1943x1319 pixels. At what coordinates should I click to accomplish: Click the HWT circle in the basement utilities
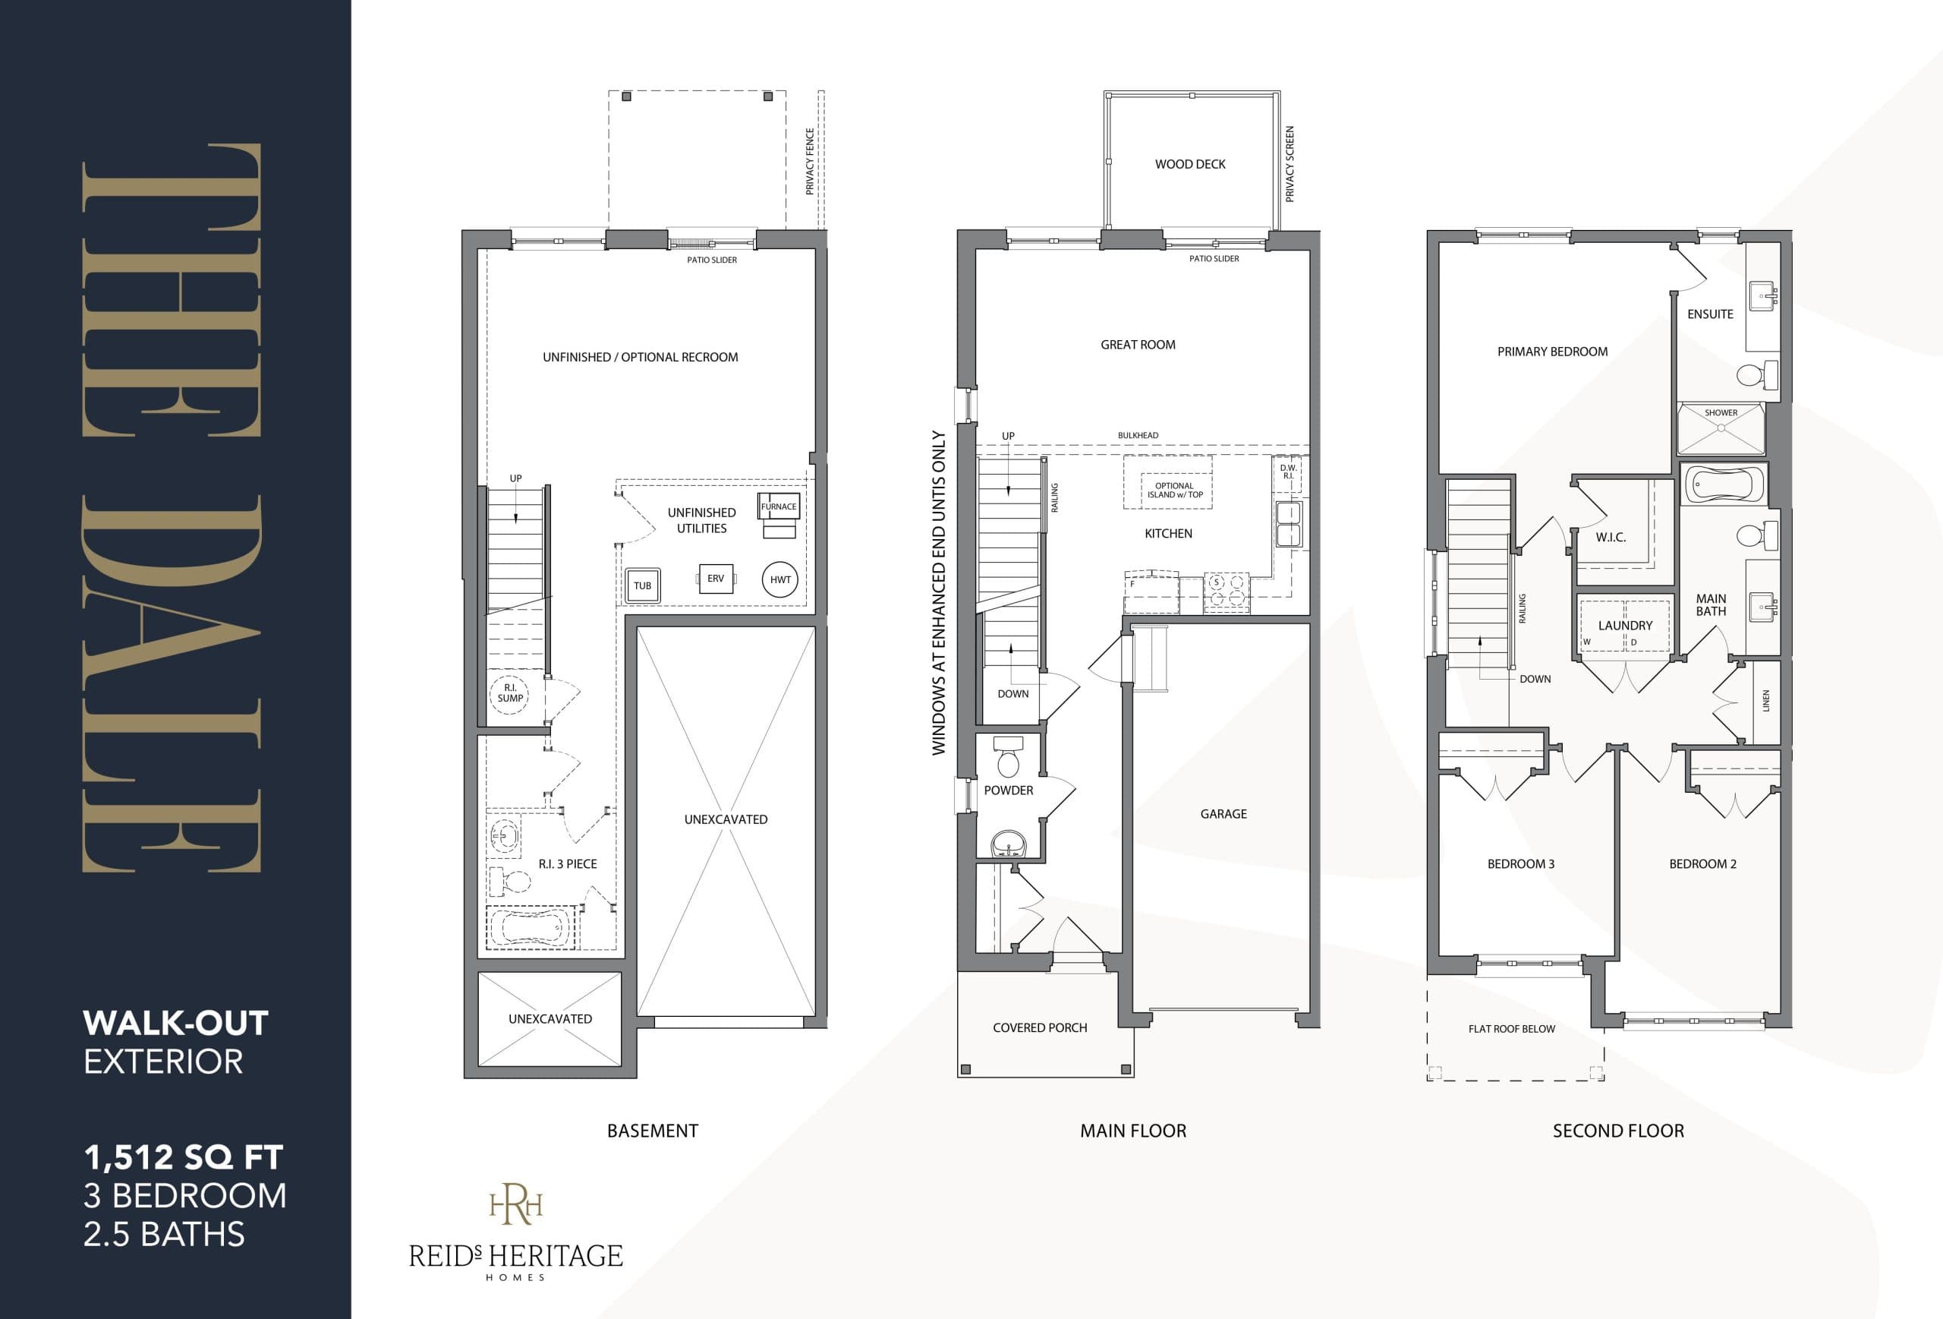(x=780, y=579)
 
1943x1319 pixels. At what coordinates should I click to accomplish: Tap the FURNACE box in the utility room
(x=779, y=506)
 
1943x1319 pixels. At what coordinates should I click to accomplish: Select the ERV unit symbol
(x=716, y=579)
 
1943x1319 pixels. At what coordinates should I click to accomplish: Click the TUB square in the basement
(x=642, y=585)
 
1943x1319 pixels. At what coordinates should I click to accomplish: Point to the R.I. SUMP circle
(x=510, y=693)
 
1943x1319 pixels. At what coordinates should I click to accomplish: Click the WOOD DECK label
(x=1190, y=164)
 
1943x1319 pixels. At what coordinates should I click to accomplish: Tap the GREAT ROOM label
(x=1137, y=345)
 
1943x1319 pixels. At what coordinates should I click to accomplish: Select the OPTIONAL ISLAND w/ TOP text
(x=1174, y=490)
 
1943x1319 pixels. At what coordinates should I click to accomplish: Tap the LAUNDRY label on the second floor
(x=1624, y=626)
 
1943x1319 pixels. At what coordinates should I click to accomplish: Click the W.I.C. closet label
(x=1611, y=537)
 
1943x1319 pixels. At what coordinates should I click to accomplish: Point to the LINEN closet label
(x=1765, y=701)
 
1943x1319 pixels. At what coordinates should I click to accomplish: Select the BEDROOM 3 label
(x=1520, y=864)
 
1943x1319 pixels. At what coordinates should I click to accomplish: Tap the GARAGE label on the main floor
(x=1223, y=814)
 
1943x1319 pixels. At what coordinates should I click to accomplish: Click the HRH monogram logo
(x=516, y=1205)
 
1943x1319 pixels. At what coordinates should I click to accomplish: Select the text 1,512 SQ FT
(x=183, y=1157)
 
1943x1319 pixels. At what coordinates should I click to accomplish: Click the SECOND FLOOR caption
(x=1617, y=1131)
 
